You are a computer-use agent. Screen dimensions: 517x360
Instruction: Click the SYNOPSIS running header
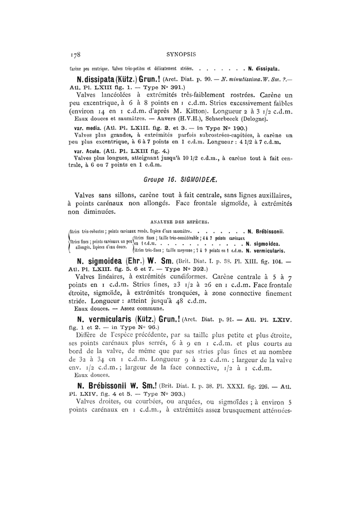point(179,53)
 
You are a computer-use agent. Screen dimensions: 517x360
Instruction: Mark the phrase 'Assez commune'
point(142,308)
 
